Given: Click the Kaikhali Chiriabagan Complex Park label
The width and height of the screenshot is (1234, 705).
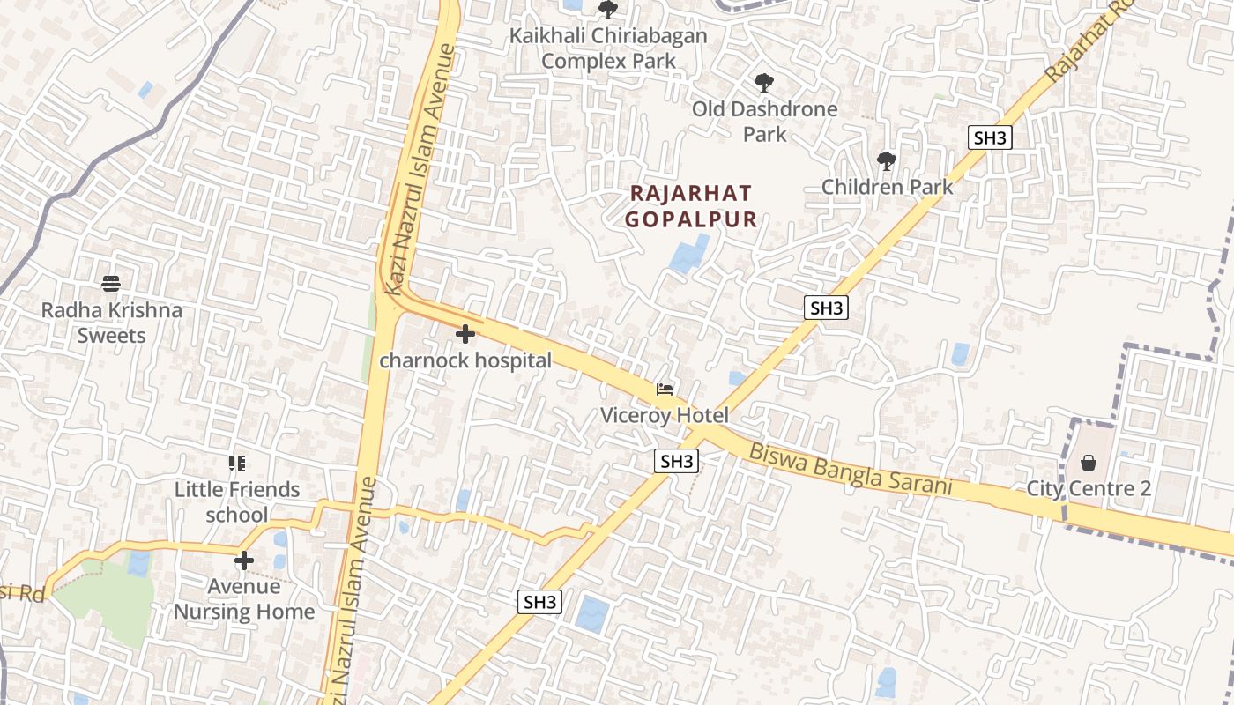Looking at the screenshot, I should [609, 48].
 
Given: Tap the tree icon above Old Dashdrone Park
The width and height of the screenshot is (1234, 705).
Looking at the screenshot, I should [764, 84].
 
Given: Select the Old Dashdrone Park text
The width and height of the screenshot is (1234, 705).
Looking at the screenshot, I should [764, 122].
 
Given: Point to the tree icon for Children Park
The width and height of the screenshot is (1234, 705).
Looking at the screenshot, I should [887, 161].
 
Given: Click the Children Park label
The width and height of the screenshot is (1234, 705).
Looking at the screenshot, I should [887, 187].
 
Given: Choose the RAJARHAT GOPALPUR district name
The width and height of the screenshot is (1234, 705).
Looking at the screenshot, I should [692, 206].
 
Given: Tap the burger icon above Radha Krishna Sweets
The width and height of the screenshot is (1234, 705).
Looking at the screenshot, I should [111, 284].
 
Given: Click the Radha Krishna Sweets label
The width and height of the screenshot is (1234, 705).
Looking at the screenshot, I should [112, 323].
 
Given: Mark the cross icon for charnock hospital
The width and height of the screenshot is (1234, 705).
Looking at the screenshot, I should [465, 334].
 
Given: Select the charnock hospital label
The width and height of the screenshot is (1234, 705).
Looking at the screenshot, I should [465, 360].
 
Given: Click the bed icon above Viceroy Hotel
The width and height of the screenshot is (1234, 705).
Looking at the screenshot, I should [665, 390].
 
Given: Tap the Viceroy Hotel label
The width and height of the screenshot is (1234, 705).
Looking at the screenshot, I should [665, 415].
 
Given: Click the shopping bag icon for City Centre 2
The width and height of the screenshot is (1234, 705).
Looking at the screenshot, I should [1089, 463].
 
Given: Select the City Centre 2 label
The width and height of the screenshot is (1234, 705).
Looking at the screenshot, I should [1089, 488].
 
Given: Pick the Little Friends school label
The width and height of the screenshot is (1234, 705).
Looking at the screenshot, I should [237, 501].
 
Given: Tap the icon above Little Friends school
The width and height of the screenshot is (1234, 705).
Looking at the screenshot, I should [236, 463].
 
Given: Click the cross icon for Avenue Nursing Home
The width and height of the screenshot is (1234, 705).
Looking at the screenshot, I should [244, 560].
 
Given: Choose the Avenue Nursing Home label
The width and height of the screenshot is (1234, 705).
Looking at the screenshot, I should [244, 598].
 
